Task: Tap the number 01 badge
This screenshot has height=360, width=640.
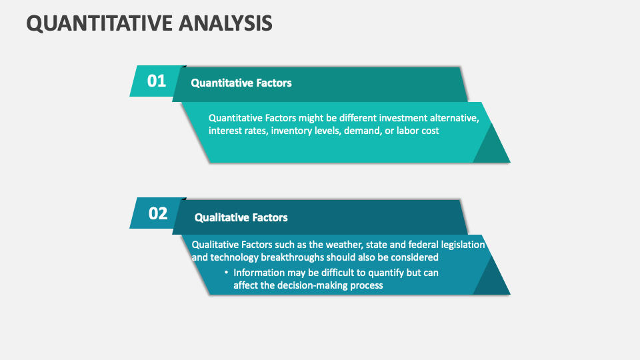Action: pyautogui.click(x=157, y=81)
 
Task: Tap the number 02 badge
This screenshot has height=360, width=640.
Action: pyautogui.click(x=158, y=213)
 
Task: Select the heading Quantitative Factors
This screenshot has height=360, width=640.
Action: pyautogui.click(x=241, y=83)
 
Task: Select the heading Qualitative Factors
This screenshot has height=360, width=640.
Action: pyautogui.click(x=241, y=217)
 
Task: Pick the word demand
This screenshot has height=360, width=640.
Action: pyautogui.click(x=362, y=131)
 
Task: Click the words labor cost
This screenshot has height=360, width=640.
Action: pyautogui.click(x=418, y=131)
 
